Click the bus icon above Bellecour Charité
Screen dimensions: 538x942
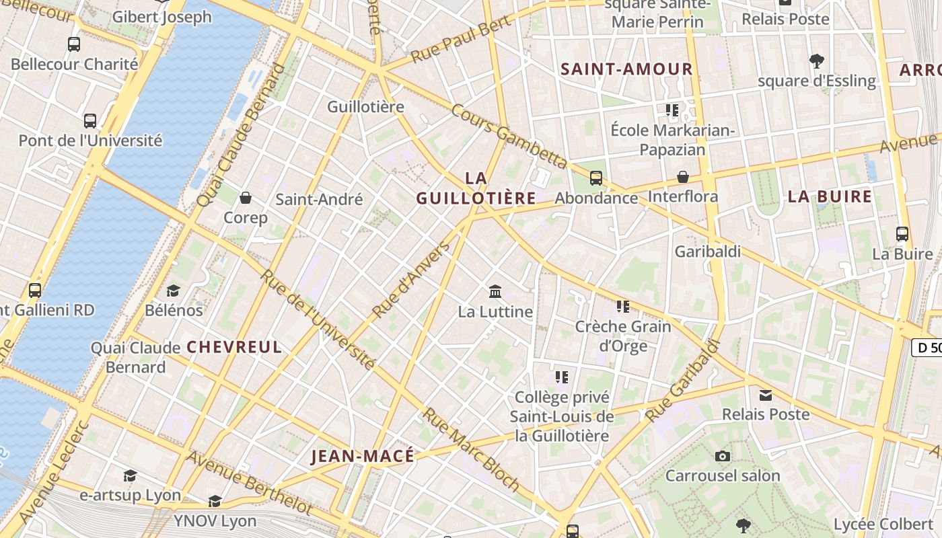click(x=74, y=44)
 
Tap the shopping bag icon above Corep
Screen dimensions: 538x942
click(x=246, y=198)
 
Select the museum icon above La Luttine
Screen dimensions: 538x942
click(x=495, y=291)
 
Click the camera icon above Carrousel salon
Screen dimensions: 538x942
click(x=723, y=457)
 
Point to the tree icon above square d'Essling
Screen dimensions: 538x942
click(x=817, y=61)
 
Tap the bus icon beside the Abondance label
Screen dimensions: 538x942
click(x=596, y=178)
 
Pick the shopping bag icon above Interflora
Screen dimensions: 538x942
click(x=683, y=177)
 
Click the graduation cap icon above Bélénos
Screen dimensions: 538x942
click(x=174, y=291)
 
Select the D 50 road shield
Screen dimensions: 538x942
click(x=927, y=348)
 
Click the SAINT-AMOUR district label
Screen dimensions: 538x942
click(x=626, y=69)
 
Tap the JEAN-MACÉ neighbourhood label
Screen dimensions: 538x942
click(x=363, y=457)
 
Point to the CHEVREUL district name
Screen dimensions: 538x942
click(x=234, y=347)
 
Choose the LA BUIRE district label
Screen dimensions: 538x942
click(x=830, y=196)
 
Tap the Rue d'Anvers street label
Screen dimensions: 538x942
click(x=411, y=280)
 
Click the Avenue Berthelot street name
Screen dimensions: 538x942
click(x=249, y=482)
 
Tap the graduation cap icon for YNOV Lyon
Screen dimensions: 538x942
click(x=215, y=502)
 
